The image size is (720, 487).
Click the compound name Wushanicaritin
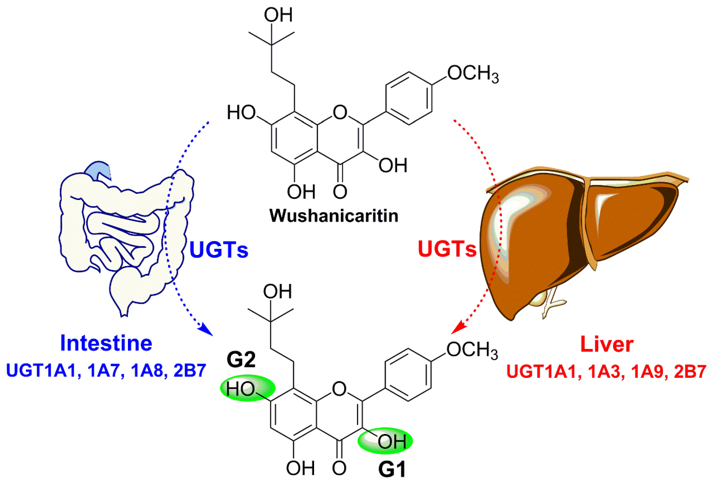333,216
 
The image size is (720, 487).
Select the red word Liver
607,344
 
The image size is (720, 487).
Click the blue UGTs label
218,250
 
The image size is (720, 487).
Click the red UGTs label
447,249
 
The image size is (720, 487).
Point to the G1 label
392,469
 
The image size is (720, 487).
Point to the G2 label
241,359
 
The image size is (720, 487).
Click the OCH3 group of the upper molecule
472,73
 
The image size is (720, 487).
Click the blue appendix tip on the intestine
100,170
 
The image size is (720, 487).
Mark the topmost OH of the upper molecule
278,15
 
